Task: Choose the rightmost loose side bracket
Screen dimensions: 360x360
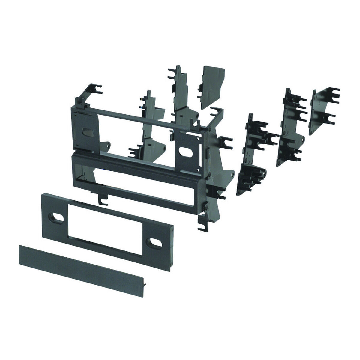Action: pyautogui.click(x=322, y=109)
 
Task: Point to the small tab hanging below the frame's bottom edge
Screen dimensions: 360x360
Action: pyautogui.click(x=103, y=199)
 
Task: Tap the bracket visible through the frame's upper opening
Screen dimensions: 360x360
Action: pyautogui.click(x=150, y=126)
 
